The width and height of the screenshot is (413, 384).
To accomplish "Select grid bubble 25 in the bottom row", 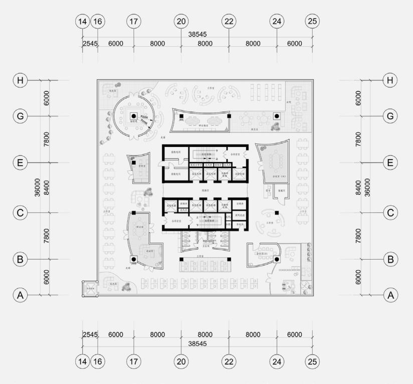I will coord(312,361).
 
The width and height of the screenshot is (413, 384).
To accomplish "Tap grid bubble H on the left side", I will coord(20,80).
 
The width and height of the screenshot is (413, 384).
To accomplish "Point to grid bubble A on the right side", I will coord(391,295).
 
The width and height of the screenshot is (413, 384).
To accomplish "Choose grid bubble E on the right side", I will coord(391,162).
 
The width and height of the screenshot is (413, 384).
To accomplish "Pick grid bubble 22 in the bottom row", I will coord(229,361).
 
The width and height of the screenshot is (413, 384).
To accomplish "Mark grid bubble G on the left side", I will coord(20,116).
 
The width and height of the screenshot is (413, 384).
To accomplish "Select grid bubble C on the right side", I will coord(391,213).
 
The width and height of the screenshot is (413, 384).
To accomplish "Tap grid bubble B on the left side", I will coord(20,259).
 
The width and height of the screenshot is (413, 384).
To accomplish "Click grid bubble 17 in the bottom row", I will coord(134,361).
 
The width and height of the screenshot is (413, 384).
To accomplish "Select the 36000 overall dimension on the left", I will coord(37,187).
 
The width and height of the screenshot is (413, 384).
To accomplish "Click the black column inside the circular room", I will coord(134,116).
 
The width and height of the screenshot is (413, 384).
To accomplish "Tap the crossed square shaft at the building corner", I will coord(90,288).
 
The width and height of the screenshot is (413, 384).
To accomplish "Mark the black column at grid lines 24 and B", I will coord(276,259).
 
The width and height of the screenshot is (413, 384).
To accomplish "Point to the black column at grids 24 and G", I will coord(276,116).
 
